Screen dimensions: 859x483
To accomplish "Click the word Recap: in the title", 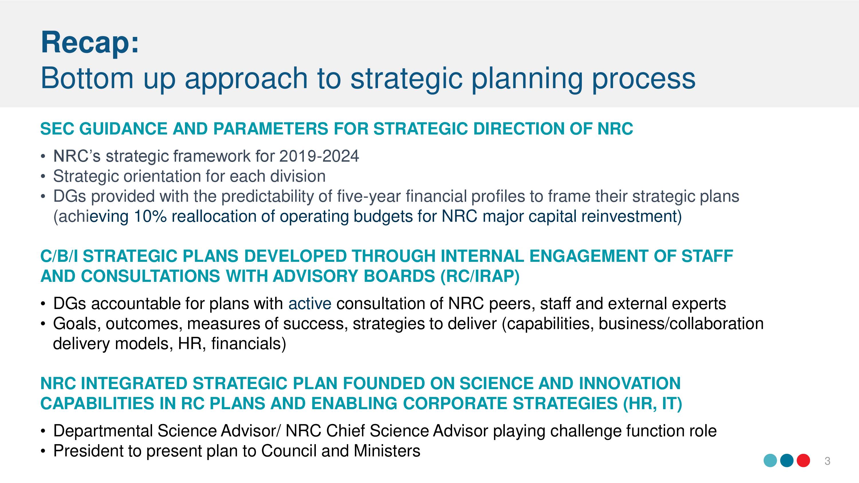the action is click(x=89, y=43).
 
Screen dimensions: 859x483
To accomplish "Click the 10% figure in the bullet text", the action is click(x=150, y=216).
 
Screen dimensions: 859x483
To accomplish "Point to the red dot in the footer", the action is click(x=803, y=461).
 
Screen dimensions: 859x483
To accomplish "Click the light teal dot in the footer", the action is click(x=770, y=461).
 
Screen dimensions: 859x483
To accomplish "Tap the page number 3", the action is click(x=827, y=461).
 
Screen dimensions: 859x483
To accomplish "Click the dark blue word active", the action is click(x=310, y=304).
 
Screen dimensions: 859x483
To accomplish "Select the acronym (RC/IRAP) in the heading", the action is click(x=480, y=276).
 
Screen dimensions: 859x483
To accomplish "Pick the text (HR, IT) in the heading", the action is click(x=653, y=403).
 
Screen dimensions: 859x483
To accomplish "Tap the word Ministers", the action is click(x=387, y=451).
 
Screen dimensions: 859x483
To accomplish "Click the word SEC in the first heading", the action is click(x=57, y=129).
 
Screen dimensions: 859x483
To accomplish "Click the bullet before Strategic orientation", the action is click(x=42, y=176).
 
